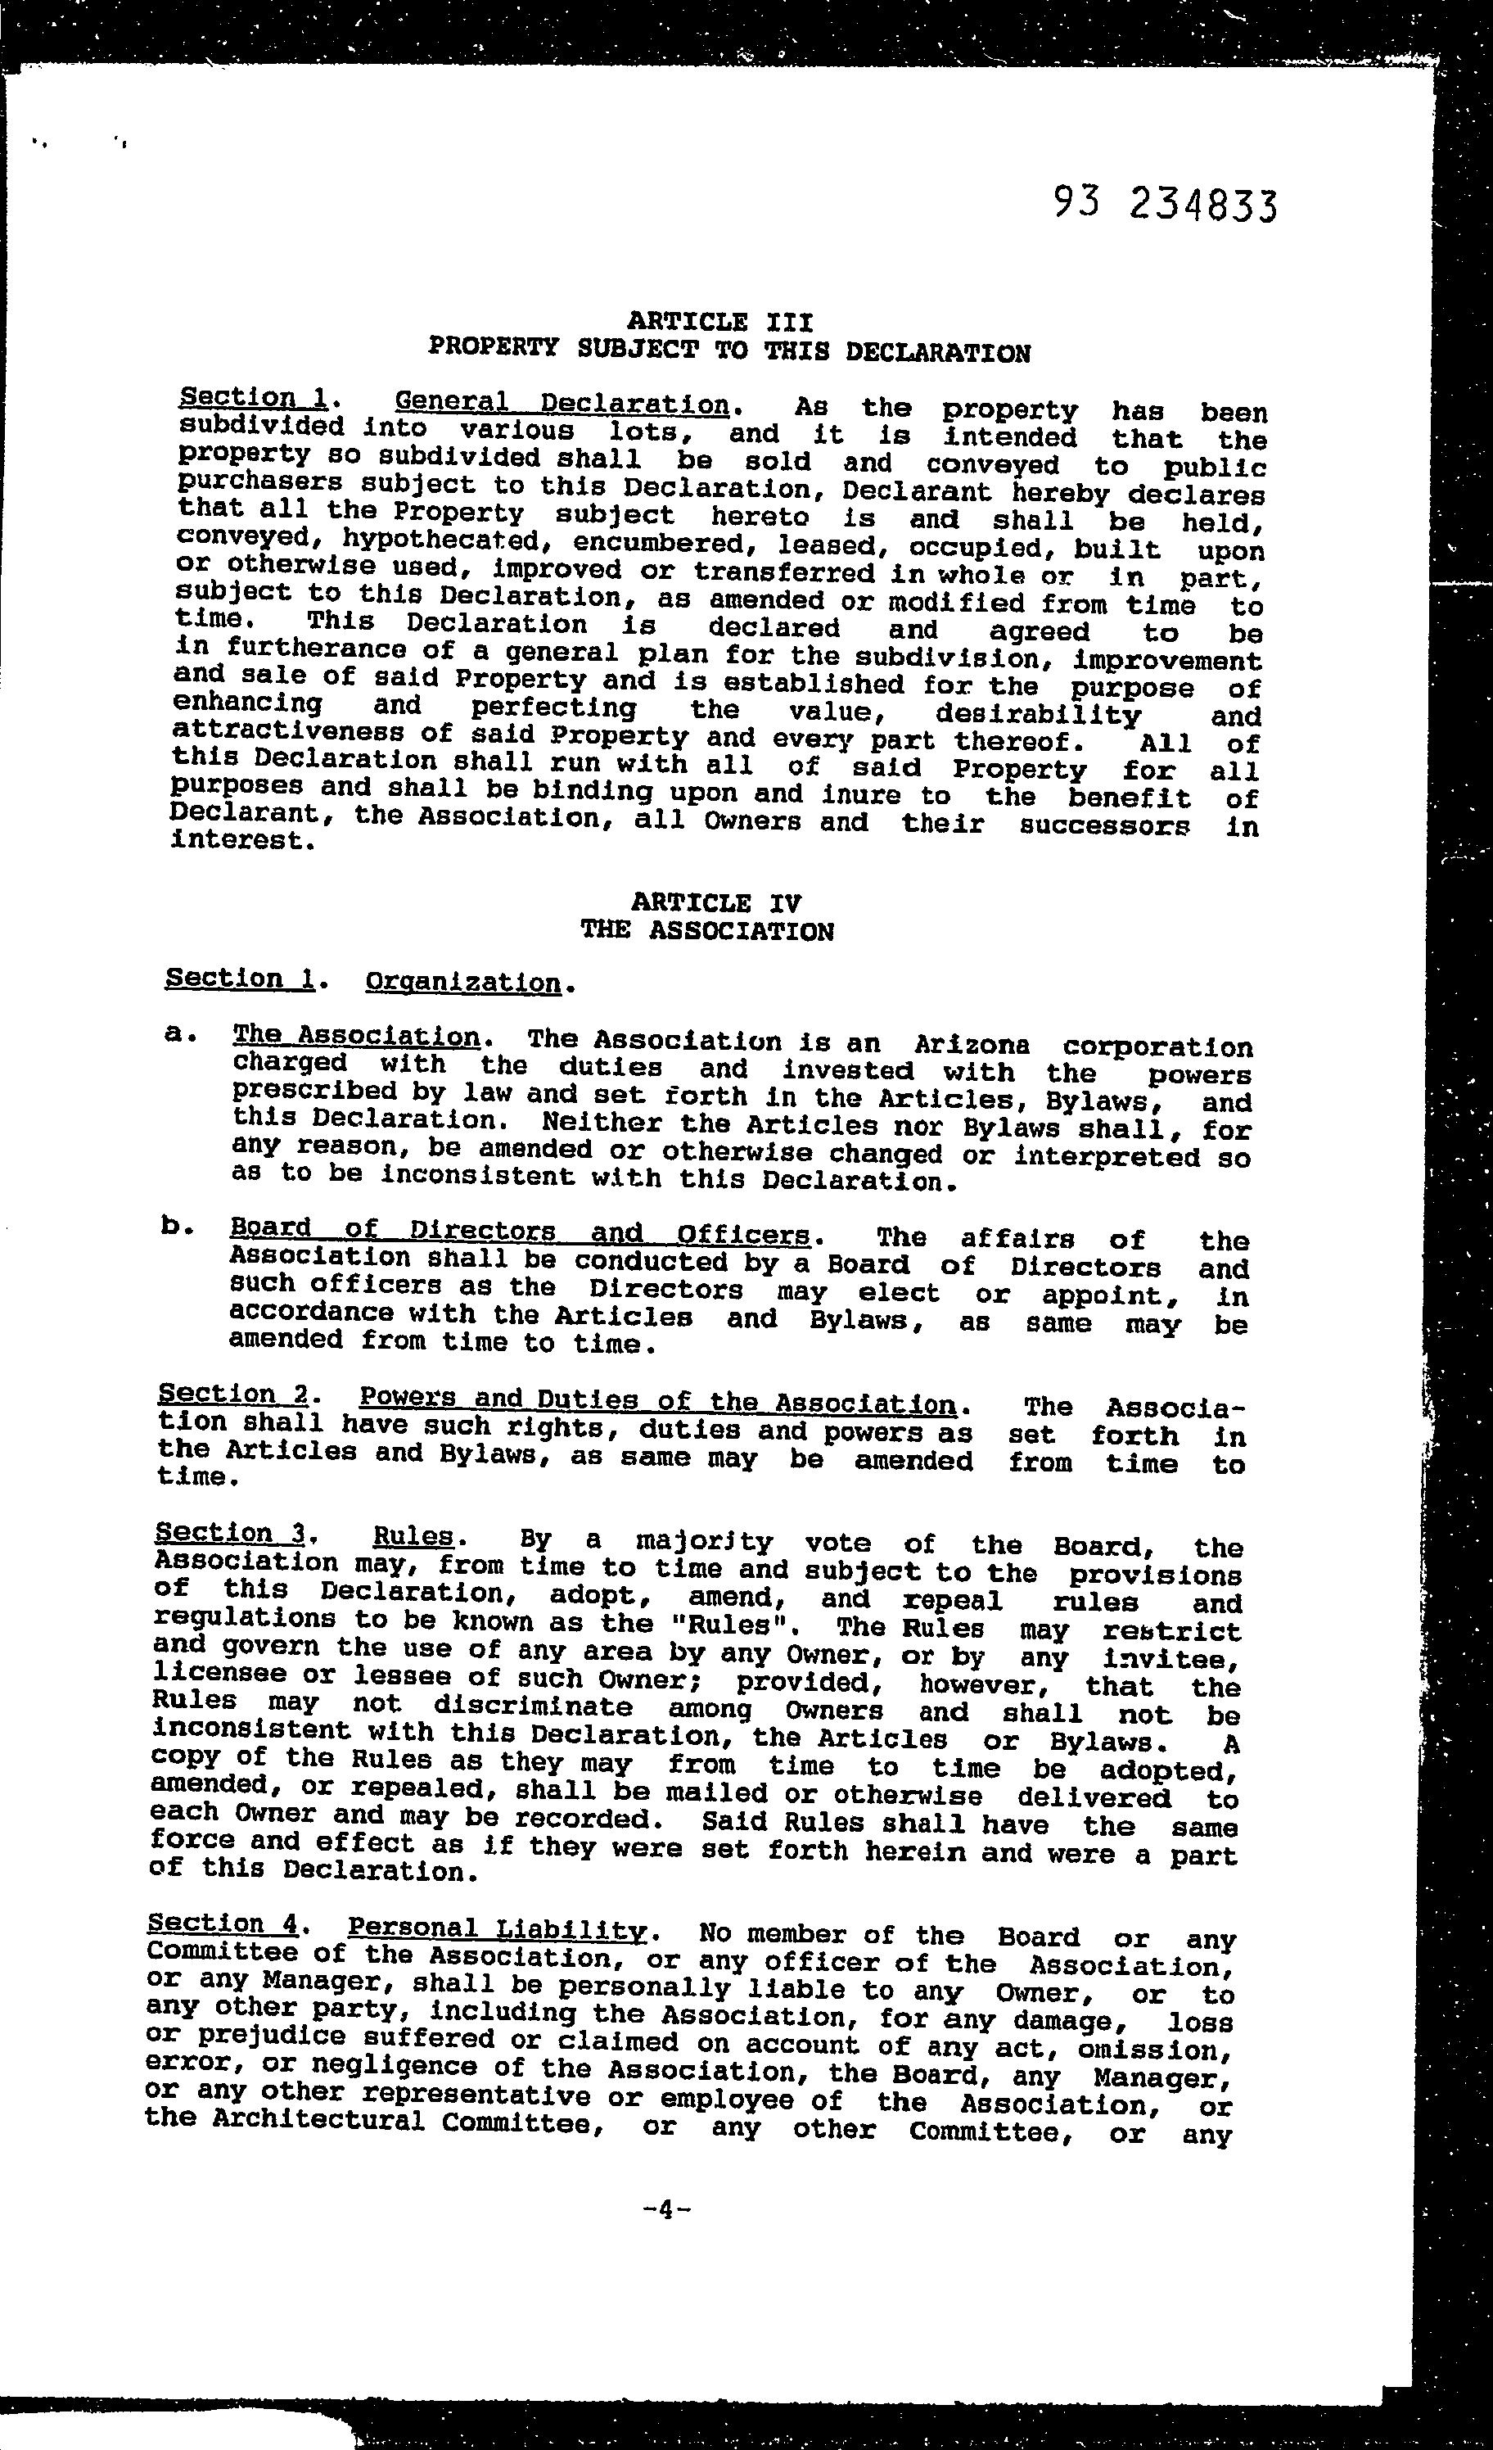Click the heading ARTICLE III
[719, 322]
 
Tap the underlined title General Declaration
[562, 404]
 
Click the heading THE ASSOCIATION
[706, 932]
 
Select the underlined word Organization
[462, 983]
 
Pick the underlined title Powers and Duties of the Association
[657, 1401]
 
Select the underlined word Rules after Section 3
[413, 1536]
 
